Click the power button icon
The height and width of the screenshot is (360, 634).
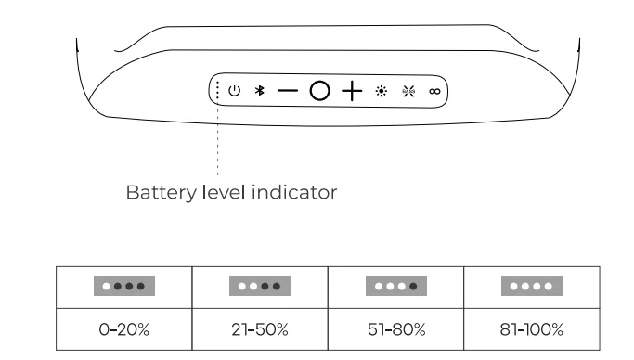pos(235,91)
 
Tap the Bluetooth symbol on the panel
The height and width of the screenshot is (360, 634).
pos(261,91)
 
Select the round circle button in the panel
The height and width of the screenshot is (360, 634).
pos(319,91)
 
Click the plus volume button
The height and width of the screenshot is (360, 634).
pos(351,91)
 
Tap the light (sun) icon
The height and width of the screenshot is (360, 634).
pos(381,91)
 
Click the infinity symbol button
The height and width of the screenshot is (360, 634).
pos(433,91)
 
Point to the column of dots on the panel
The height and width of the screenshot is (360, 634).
pos(217,91)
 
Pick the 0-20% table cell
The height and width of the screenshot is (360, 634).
pos(123,329)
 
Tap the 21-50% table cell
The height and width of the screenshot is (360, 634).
pos(259,329)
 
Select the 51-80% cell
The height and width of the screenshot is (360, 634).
pos(394,329)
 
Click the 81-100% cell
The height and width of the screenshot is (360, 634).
pos(529,329)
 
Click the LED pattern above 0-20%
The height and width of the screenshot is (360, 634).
pos(123,287)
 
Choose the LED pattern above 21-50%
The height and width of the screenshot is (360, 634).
pos(259,287)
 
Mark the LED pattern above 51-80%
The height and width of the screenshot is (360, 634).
pos(394,287)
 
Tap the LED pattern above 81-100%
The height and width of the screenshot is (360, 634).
pos(529,287)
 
